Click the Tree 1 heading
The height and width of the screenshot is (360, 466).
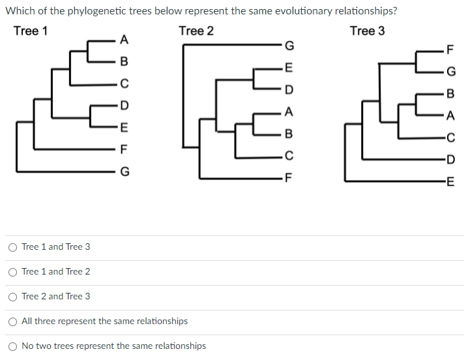30,31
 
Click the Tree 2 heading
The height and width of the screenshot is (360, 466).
196,31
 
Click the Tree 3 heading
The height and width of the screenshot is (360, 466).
367,31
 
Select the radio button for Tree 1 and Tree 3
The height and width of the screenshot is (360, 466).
12,247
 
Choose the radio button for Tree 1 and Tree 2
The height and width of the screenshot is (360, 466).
12,272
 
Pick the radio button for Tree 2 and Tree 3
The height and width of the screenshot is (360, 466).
12,297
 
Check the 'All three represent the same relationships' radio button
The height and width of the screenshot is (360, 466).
12,322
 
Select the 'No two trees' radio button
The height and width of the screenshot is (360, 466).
12,346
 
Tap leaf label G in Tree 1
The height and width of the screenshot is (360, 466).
124,172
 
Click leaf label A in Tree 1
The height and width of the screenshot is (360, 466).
124,39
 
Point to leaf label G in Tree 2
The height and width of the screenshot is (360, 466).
289,46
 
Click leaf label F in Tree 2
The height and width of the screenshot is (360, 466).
289,178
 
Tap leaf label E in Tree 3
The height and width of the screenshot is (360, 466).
448,182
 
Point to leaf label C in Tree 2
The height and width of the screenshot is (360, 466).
289,156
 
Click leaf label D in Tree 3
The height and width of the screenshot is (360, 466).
448,160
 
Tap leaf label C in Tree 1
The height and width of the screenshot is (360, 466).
124,83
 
